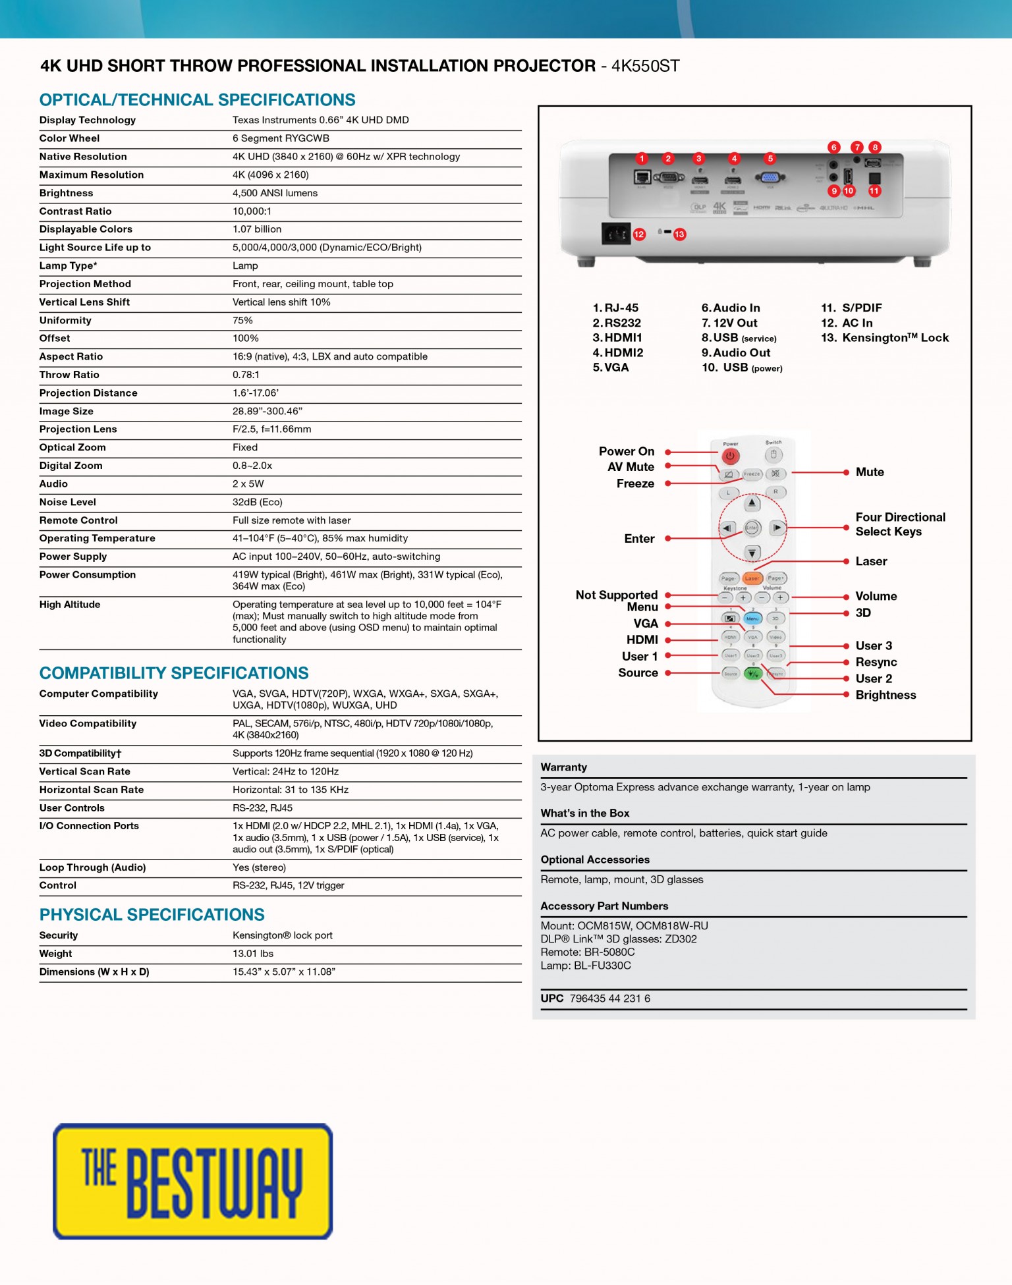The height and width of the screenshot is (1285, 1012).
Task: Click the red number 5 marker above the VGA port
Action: (770, 158)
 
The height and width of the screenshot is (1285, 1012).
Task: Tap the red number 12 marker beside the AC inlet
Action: (639, 234)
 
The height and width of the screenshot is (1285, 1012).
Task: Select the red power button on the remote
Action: (730, 456)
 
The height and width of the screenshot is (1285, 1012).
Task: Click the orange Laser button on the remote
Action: (752, 578)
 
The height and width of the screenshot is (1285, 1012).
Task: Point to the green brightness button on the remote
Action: (752, 673)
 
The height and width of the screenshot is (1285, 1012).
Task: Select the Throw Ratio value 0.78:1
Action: (246, 375)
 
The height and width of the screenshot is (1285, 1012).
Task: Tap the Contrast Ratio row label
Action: (75, 211)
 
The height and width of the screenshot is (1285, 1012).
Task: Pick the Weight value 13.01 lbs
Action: (252, 954)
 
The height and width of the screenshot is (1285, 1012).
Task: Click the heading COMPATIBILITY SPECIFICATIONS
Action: (174, 673)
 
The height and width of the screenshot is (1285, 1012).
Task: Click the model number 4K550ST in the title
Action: (645, 66)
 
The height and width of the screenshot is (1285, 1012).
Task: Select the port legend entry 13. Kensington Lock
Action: (884, 338)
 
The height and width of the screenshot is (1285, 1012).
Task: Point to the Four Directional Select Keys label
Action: (899, 524)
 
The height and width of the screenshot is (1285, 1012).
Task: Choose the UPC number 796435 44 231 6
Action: (609, 998)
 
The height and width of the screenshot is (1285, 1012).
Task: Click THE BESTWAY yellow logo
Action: (192, 1181)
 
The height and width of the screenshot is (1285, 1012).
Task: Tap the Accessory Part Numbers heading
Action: (604, 906)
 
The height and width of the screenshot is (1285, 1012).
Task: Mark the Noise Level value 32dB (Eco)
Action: (257, 502)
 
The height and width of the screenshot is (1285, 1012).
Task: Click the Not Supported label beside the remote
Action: (616, 595)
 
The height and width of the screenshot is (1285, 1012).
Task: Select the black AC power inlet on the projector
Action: (615, 234)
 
